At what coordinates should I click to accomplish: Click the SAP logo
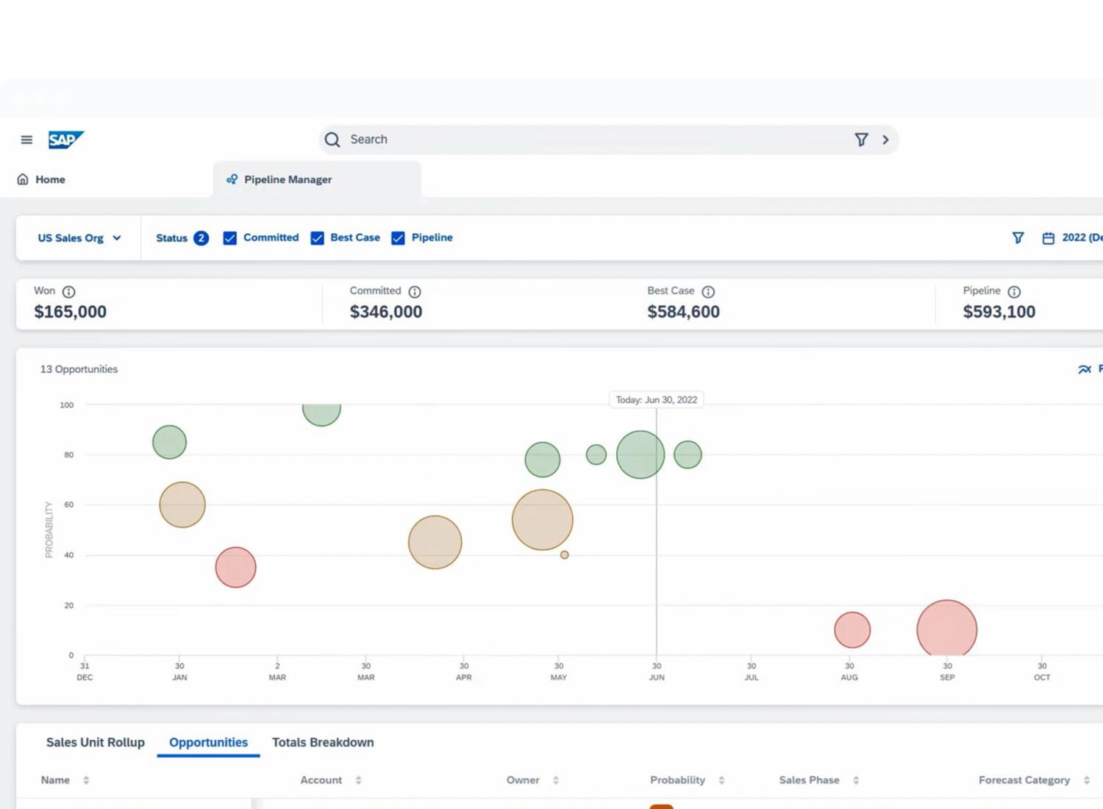66,140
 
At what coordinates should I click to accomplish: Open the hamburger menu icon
26,140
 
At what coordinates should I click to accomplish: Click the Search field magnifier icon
332,140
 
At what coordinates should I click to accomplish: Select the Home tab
41,179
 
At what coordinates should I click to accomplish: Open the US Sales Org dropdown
79,238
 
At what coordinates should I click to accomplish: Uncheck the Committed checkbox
230,238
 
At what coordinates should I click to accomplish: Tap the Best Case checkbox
318,238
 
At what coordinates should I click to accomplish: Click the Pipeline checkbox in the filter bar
398,238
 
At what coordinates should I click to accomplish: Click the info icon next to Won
69,292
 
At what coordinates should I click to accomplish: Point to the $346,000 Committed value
386,312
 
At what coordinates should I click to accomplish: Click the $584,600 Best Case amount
683,312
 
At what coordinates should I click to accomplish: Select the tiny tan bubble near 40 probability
564,555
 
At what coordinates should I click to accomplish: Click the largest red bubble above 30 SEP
947,628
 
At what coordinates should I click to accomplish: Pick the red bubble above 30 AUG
852,630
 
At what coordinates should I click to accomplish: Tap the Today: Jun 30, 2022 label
657,400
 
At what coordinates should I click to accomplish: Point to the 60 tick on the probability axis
69,505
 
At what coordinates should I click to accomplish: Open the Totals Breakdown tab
323,743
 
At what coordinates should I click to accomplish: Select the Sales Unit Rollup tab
96,743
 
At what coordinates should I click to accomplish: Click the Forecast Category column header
1024,780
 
